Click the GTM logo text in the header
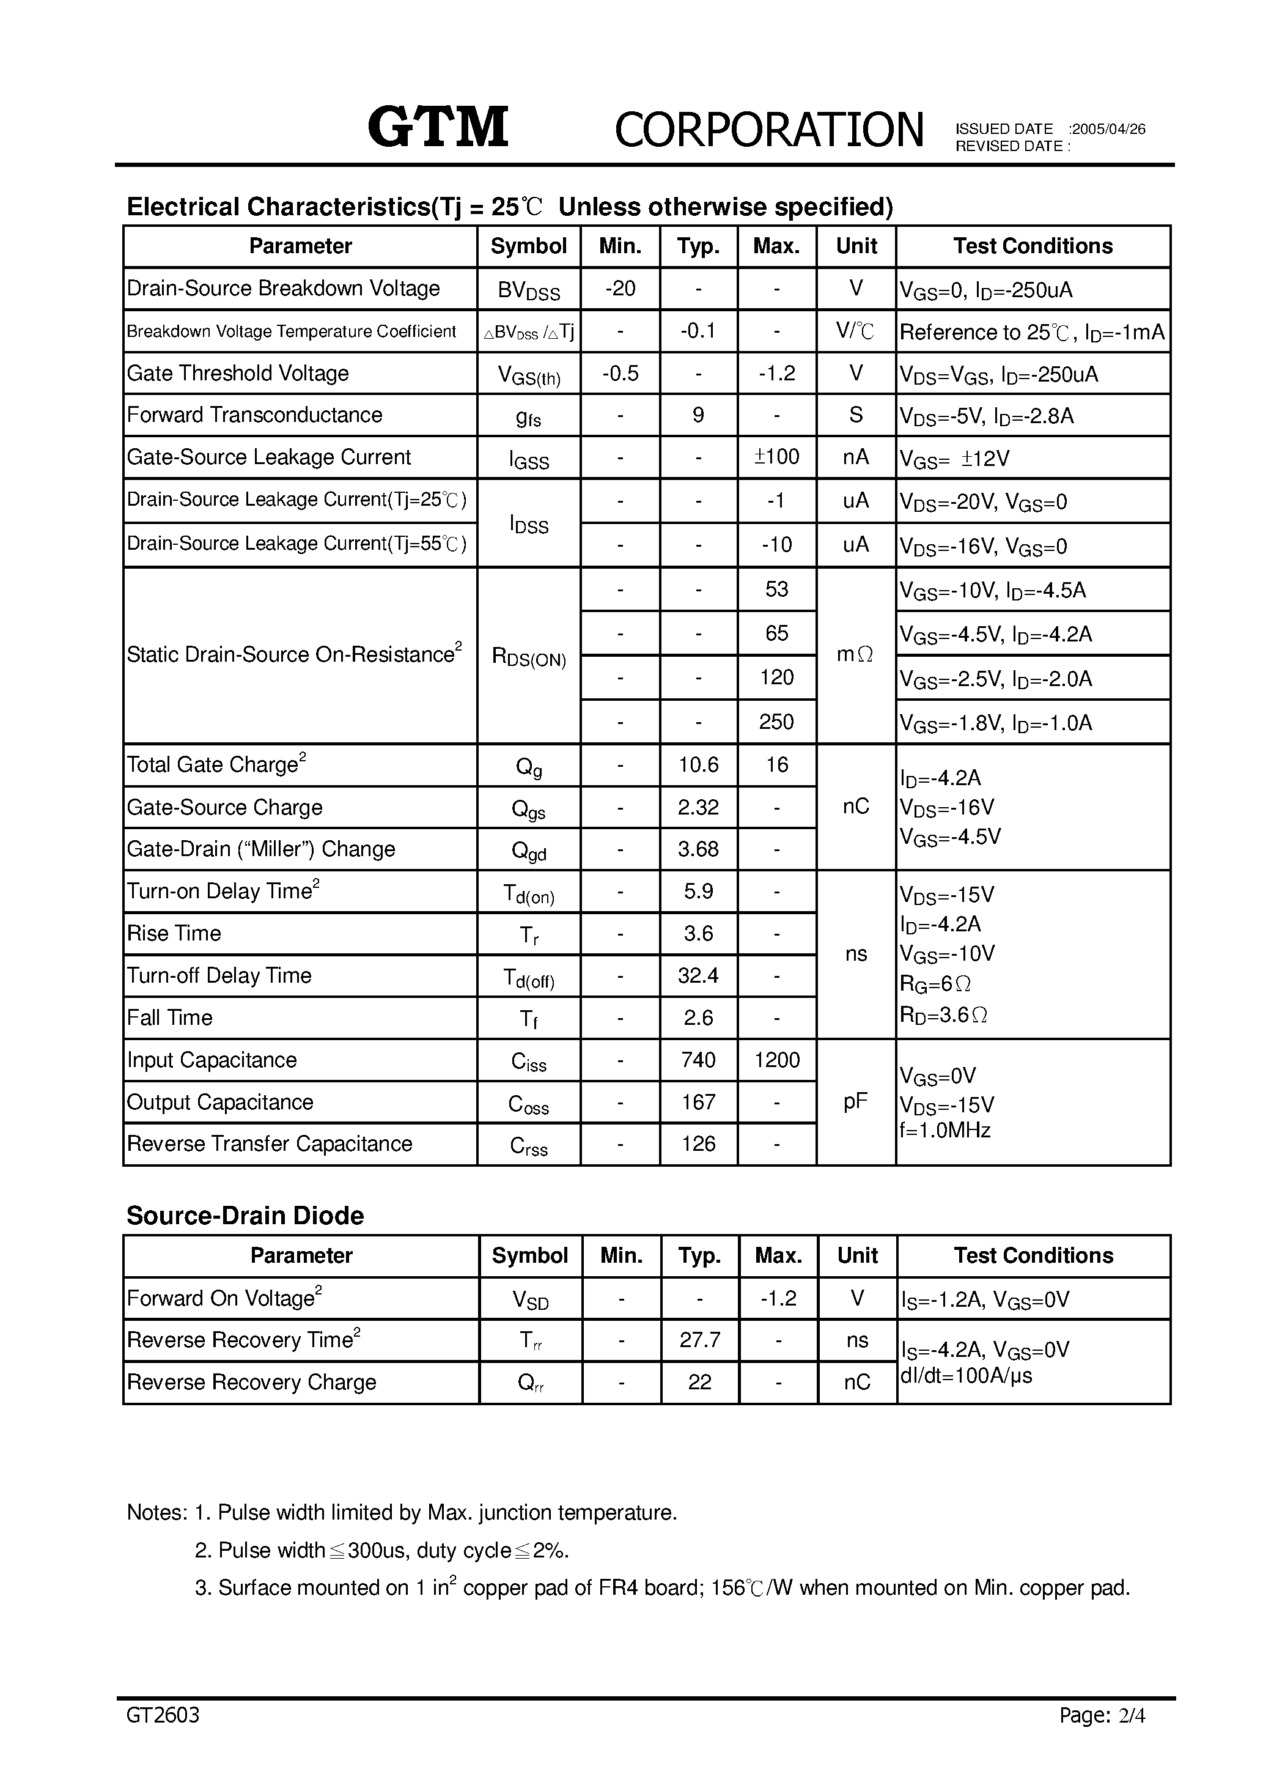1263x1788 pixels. [438, 127]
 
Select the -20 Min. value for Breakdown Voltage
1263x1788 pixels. [620, 289]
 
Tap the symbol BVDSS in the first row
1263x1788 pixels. [529, 290]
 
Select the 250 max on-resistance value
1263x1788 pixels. [776, 722]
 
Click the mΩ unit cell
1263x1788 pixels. [855, 655]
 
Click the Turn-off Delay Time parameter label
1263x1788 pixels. [219, 976]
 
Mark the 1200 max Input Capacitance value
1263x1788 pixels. [776, 1060]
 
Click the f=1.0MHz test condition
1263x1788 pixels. [944, 1130]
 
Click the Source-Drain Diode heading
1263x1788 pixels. [245, 1216]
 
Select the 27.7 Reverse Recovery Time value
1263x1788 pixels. [699, 1340]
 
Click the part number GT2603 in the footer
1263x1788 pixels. [163, 1737]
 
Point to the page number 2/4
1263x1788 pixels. [1132, 1737]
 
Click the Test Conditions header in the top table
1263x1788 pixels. [1033, 246]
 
